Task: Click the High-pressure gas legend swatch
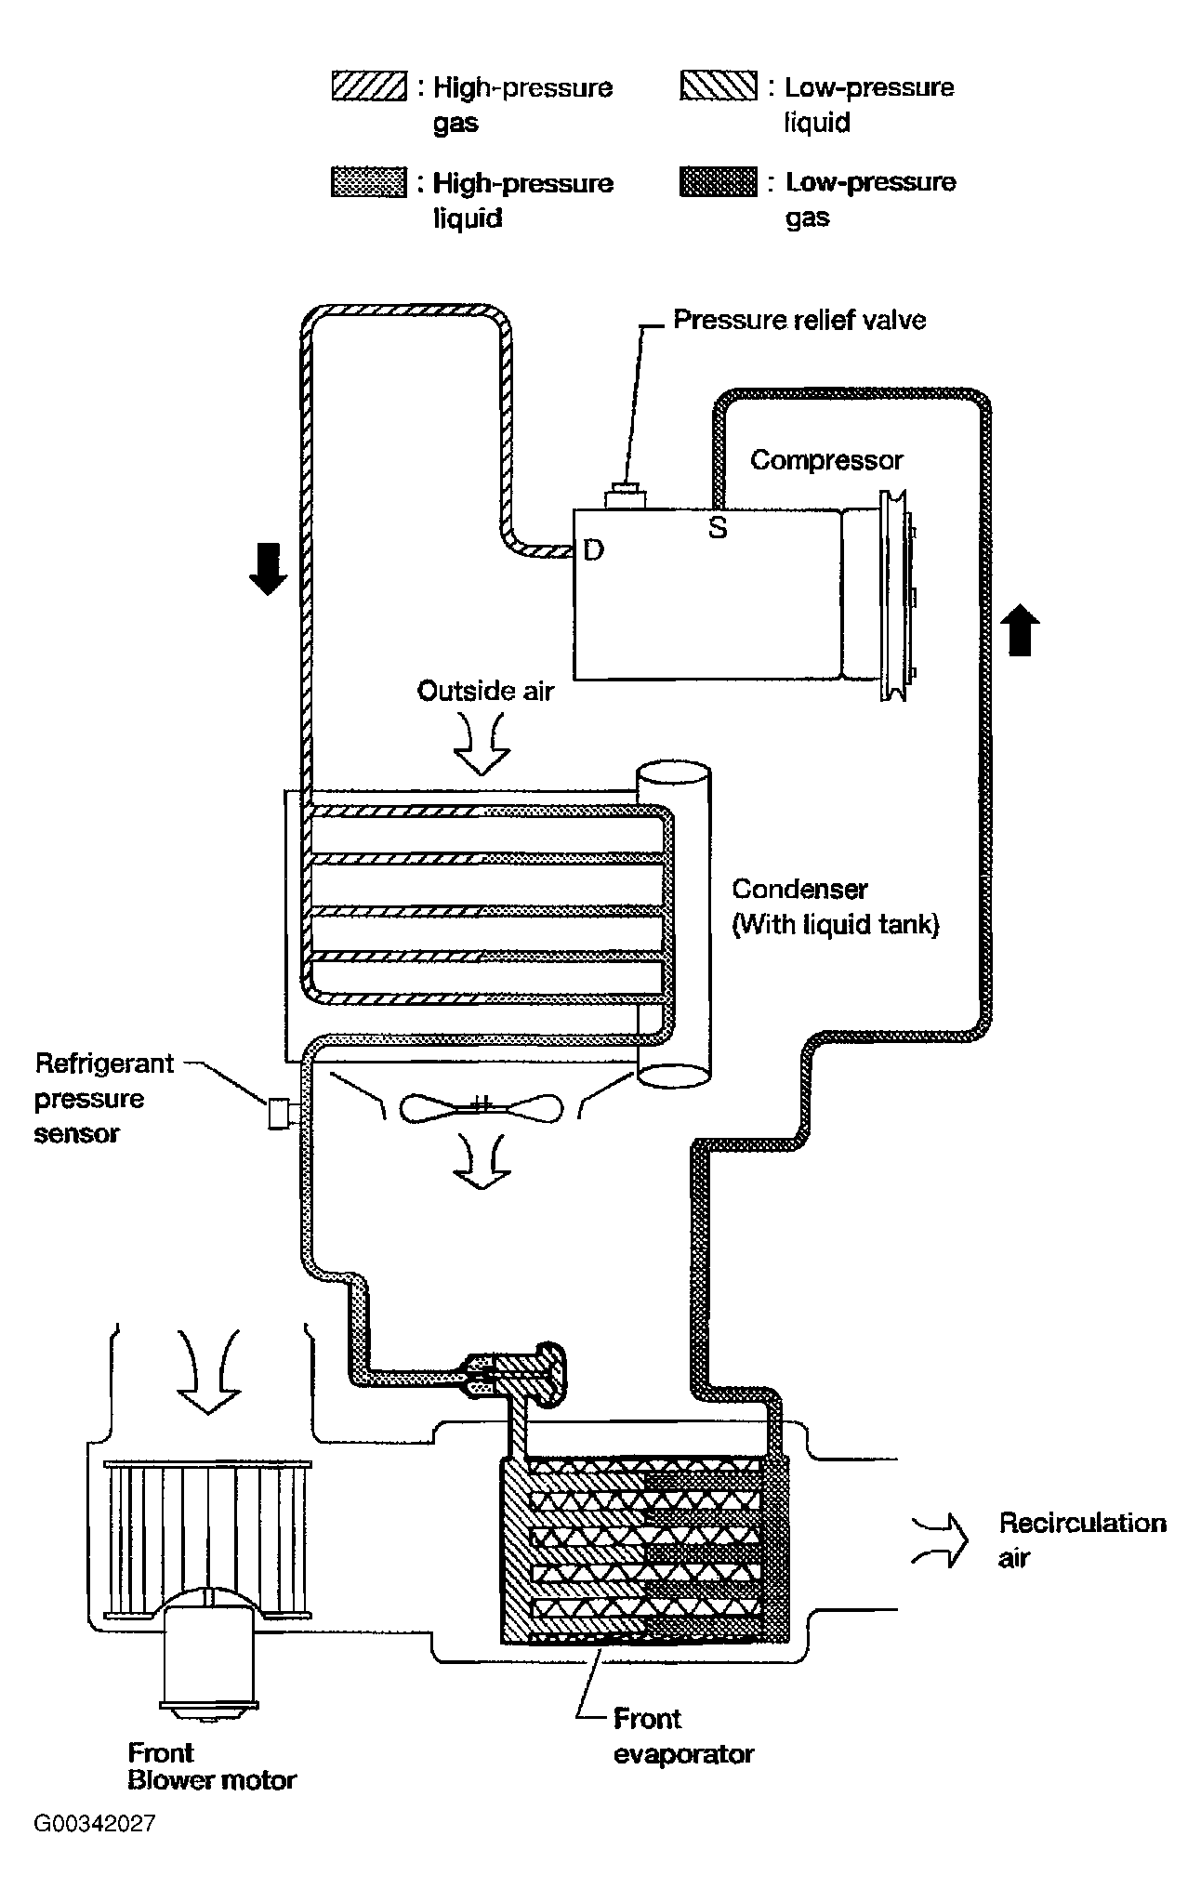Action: click(x=368, y=86)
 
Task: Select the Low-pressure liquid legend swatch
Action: click(x=719, y=86)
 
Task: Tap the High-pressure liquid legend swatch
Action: click(x=368, y=181)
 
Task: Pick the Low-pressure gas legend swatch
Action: click(x=719, y=181)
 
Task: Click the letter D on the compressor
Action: click(x=593, y=550)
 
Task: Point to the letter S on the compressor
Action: click(x=717, y=528)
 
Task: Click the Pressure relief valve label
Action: click(x=799, y=320)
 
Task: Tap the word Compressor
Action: click(x=826, y=460)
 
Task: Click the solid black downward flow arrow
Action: click(x=269, y=570)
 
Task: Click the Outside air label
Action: click(x=485, y=691)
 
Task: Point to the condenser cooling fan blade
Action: click(x=482, y=1107)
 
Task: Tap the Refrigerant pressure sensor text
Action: click(x=104, y=1098)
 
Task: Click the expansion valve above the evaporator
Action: click(x=514, y=1375)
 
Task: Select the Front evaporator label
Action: click(x=683, y=1737)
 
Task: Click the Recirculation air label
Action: click(x=1082, y=1539)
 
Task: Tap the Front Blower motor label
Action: click(x=212, y=1767)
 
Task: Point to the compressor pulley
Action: click(x=898, y=596)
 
